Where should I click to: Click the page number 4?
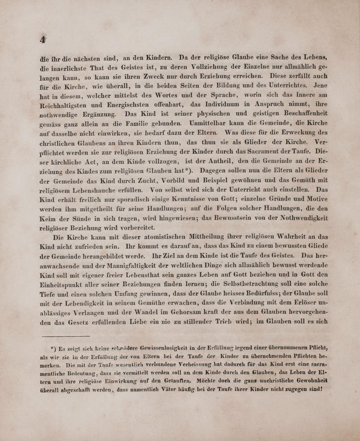click(x=42, y=40)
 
